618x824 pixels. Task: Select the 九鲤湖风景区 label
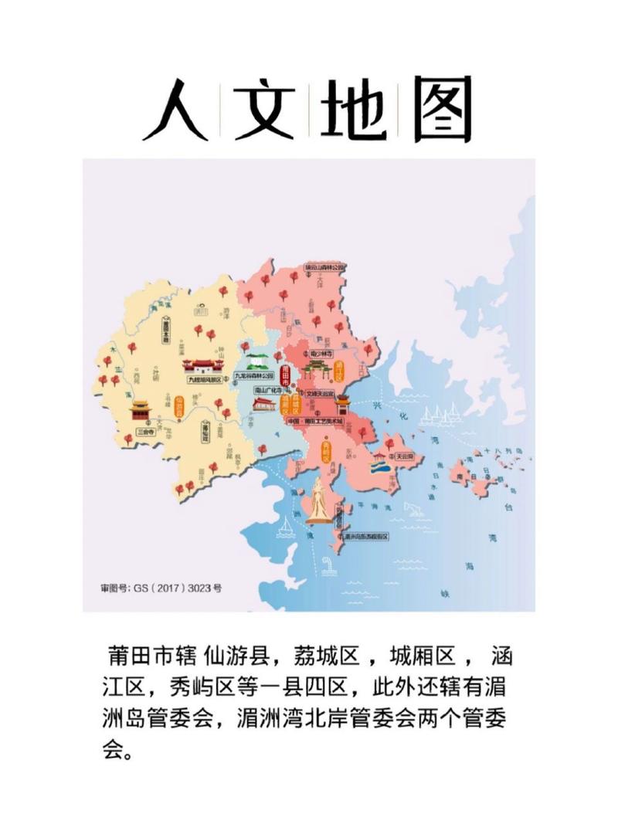click(x=204, y=380)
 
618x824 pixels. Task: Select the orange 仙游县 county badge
click(x=179, y=406)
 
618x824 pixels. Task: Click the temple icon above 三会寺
click(x=141, y=410)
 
